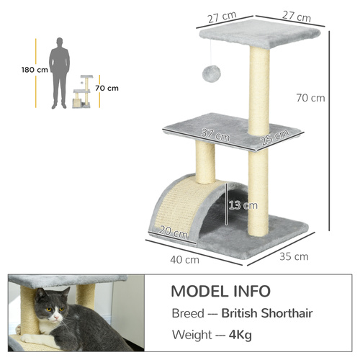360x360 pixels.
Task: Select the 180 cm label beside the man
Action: click(x=34, y=70)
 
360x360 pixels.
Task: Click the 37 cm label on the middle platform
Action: click(x=215, y=134)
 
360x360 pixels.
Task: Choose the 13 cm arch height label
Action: click(x=242, y=205)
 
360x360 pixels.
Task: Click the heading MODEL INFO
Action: click(x=221, y=292)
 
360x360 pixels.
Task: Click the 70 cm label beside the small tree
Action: click(x=107, y=88)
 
